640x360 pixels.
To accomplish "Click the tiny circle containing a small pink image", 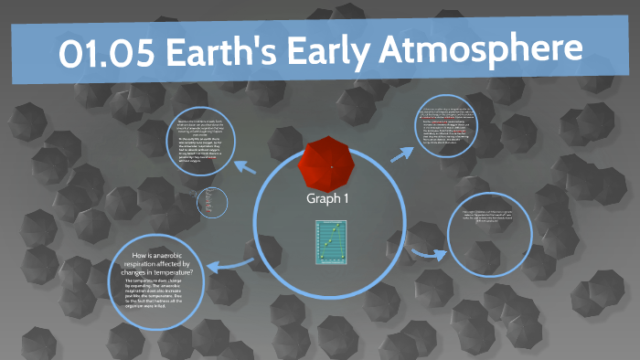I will point(211,202).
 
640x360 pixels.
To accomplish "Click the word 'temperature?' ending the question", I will point(188,270).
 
